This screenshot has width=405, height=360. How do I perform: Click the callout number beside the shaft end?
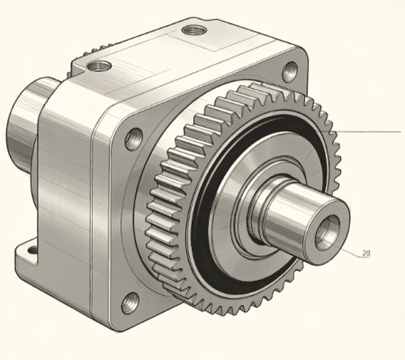pyautogui.click(x=366, y=254)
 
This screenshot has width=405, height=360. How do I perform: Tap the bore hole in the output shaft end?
pyautogui.click(x=328, y=232)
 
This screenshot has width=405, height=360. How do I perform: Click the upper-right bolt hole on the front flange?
pyautogui.click(x=290, y=71)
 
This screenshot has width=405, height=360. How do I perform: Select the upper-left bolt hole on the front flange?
pyautogui.click(x=133, y=139)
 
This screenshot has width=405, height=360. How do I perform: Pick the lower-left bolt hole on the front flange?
pyautogui.click(x=130, y=303)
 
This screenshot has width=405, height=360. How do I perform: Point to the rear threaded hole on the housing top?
pyautogui.click(x=194, y=30)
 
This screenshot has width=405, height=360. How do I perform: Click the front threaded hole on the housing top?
pyautogui.click(x=99, y=66)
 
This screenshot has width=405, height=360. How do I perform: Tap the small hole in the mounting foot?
pyautogui.click(x=32, y=249)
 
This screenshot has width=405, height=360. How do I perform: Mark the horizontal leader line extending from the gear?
pyautogui.click(x=367, y=131)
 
